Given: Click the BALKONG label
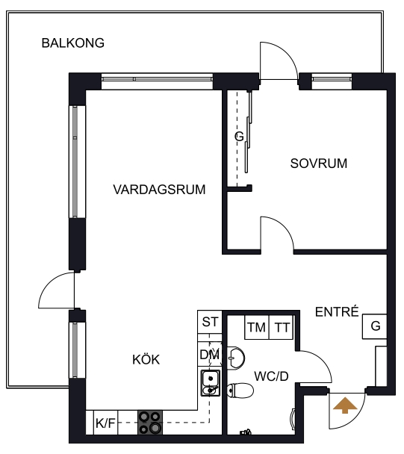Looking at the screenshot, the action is pyautogui.click(x=73, y=43).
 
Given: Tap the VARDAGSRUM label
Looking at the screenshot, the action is pyautogui.click(x=159, y=190).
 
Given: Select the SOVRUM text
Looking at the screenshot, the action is pyautogui.click(x=319, y=164).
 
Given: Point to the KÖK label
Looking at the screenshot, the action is pyautogui.click(x=146, y=359).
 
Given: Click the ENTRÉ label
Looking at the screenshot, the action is pyautogui.click(x=337, y=311).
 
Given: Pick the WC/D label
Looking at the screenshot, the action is pyautogui.click(x=271, y=376).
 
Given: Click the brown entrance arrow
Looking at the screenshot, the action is pyautogui.click(x=345, y=405).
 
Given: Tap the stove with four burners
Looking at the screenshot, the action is pyautogui.click(x=150, y=423).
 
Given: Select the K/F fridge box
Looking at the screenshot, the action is pyautogui.click(x=106, y=423).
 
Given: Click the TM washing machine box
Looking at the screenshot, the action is pyautogui.click(x=257, y=327).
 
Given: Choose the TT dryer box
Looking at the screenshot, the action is pyautogui.click(x=282, y=327).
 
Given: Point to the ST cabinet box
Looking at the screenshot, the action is pyautogui.click(x=210, y=322).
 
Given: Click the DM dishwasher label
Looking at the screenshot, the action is pyautogui.click(x=210, y=355).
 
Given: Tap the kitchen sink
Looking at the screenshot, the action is pyautogui.click(x=211, y=383).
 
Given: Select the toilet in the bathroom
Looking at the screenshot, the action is pyautogui.click(x=240, y=391).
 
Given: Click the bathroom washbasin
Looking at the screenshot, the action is pyautogui.click(x=236, y=358).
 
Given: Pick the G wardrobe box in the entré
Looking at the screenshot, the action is pyautogui.click(x=374, y=326).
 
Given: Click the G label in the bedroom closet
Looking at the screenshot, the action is pyautogui.click(x=239, y=136).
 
